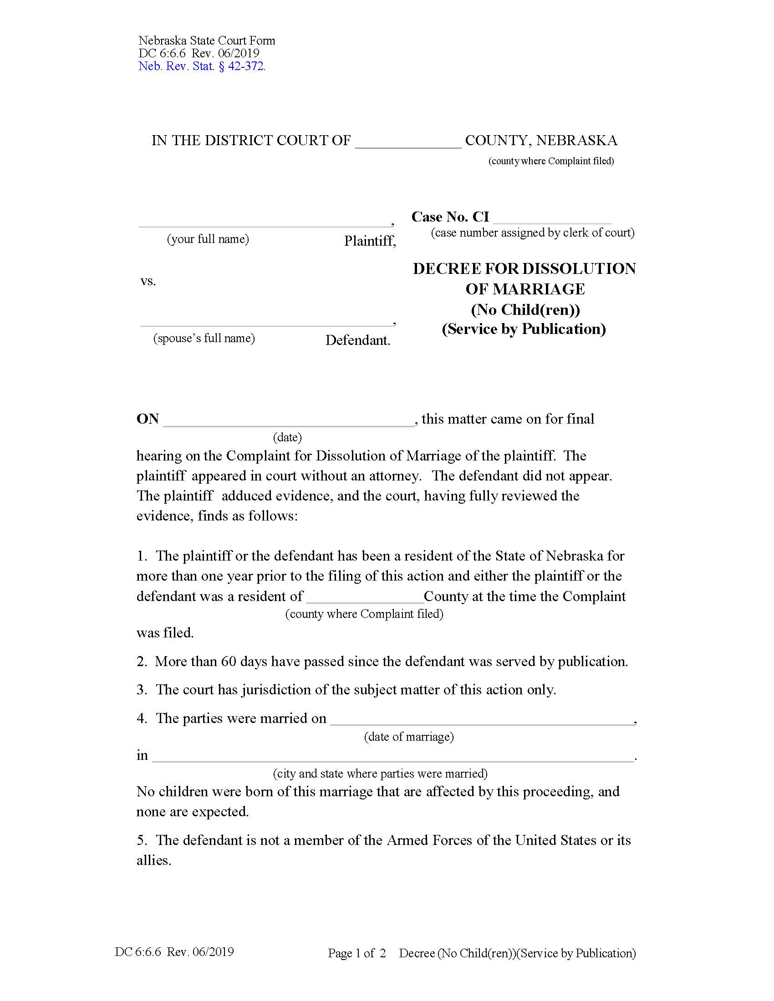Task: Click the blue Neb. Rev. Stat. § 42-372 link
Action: click(x=202, y=66)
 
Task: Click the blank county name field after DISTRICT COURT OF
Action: click(x=408, y=142)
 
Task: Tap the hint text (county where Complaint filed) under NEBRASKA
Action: click(x=551, y=161)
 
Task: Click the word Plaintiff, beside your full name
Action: click(x=370, y=241)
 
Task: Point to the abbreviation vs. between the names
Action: click(x=148, y=281)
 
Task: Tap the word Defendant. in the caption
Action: click(x=358, y=340)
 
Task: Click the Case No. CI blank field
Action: click(x=552, y=218)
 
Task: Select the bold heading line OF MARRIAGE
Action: click(x=525, y=289)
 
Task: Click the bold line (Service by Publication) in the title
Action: click(x=524, y=329)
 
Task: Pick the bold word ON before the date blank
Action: click(x=148, y=419)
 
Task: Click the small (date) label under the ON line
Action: click(x=287, y=437)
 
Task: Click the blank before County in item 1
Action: click(x=365, y=597)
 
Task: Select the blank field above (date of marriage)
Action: click(x=481, y=720)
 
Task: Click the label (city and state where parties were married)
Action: click(x=380, y=773)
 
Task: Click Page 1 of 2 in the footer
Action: click(x=356, y=953)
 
